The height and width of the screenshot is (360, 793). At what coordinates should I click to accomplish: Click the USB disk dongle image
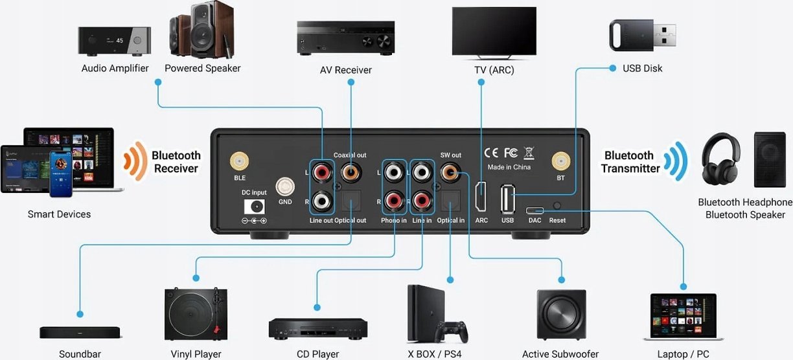coord(642,34)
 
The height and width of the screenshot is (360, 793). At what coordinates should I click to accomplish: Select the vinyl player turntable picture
coord(196,314)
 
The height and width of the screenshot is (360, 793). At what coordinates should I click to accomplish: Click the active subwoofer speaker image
coord(561,314)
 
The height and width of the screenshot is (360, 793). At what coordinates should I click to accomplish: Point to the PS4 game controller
coord(451,332)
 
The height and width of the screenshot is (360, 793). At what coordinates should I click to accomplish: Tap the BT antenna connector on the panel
coord(560,161)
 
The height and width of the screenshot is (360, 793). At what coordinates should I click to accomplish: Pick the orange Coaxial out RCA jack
coord(351,172)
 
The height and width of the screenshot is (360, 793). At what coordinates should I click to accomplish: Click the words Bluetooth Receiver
coord(176,162)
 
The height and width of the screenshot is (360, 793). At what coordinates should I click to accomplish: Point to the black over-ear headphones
coord(721,156)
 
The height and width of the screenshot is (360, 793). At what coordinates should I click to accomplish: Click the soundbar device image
coord(80,332)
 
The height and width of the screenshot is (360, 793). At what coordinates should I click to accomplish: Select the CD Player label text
coord(317,354)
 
